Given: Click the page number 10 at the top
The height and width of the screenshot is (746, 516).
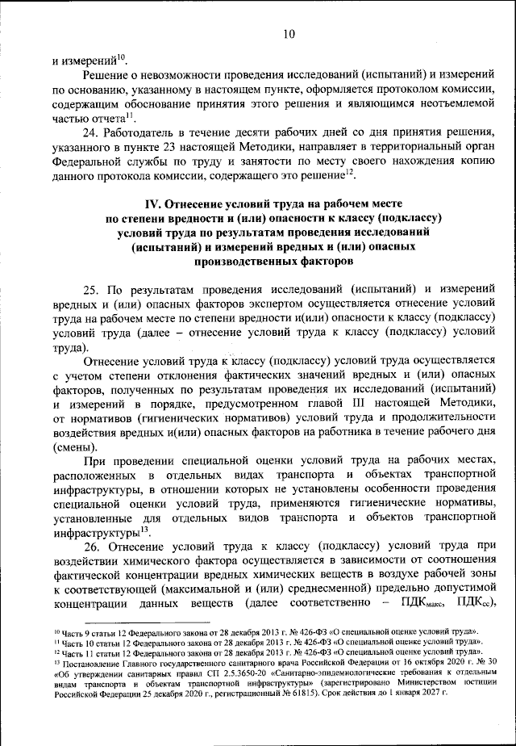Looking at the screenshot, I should pos(290,34).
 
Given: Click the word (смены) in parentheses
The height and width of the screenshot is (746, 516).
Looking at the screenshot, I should pos(74,449).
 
